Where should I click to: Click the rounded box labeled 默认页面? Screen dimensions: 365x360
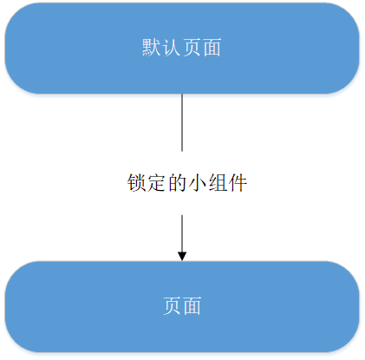click(182, 49)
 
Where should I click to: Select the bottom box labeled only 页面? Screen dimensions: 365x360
click(182, 306)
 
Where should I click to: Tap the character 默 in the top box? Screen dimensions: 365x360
click(151, 47)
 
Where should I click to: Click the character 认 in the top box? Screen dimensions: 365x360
click(172, 47)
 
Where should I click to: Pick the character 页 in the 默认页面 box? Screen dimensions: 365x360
click(192, 47)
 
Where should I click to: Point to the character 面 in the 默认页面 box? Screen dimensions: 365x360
click(212, 47)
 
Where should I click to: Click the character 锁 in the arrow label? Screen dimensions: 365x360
click(136, 183)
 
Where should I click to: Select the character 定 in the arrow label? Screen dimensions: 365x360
click(157, 183)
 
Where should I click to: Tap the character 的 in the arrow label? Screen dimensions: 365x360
click(177, 183)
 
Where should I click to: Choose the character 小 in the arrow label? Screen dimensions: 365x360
click(198, 183)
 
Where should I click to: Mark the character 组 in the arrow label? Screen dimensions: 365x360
click(218, 183)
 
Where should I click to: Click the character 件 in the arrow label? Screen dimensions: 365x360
click(238, 183)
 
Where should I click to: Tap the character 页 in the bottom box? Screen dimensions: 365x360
click(172, 305)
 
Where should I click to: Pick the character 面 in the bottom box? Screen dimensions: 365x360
click(192, 305)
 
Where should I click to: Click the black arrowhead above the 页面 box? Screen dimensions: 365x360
click(182, 256)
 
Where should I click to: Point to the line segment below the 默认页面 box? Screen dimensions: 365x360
click(182, 122)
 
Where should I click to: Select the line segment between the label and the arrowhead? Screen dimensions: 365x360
click(182, 233)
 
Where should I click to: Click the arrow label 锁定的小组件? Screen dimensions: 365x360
click(187, 183)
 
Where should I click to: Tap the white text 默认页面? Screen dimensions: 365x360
click(181, 47)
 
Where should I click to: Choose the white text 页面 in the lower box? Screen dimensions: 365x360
click(182, 305)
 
